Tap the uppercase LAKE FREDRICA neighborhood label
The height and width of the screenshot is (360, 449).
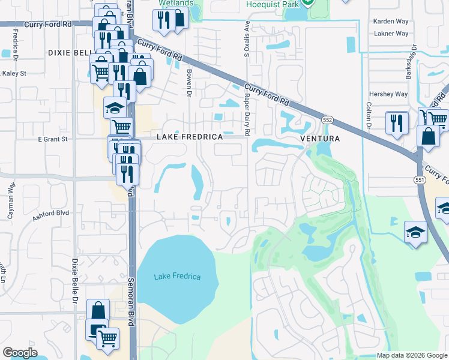(x=190, y=137)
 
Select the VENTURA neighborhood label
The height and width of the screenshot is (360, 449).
(x=320, y=139)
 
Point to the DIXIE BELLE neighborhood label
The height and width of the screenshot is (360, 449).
(x=68, y=53)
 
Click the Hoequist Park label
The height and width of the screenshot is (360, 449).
(x=274, y=4)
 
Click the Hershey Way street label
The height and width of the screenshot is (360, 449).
(x=388, y=94)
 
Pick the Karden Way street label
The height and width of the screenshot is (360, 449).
(x=391, y=21)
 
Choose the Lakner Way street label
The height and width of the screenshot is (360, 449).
(x=391, y=34)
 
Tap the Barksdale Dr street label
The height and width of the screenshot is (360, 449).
(x=414, y=59)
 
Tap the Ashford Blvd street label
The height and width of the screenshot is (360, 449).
(x=51, y=213)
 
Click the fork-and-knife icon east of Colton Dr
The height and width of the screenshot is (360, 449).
(x=396, y=124)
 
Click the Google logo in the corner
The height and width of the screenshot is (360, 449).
(x=20, y=353)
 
